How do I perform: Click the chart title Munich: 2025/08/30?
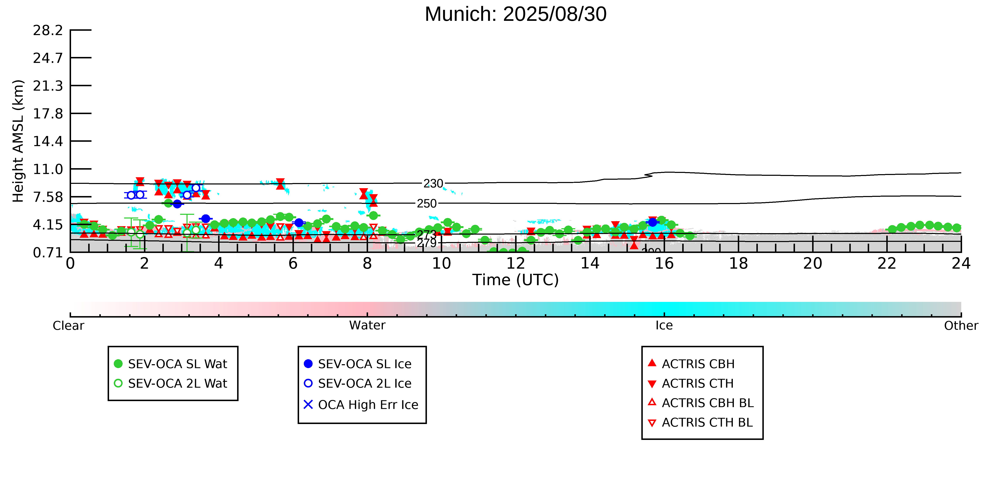point(516,15)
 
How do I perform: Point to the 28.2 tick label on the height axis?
point(48,30)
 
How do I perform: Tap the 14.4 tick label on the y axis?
point(48,141)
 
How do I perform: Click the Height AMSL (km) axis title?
point(18,141)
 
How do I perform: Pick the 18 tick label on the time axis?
point(738,264)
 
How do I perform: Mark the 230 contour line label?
point(433,184)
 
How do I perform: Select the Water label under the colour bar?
point(367,326)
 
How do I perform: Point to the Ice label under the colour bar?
point(664,326)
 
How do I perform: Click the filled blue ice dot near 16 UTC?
point(652,222)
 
